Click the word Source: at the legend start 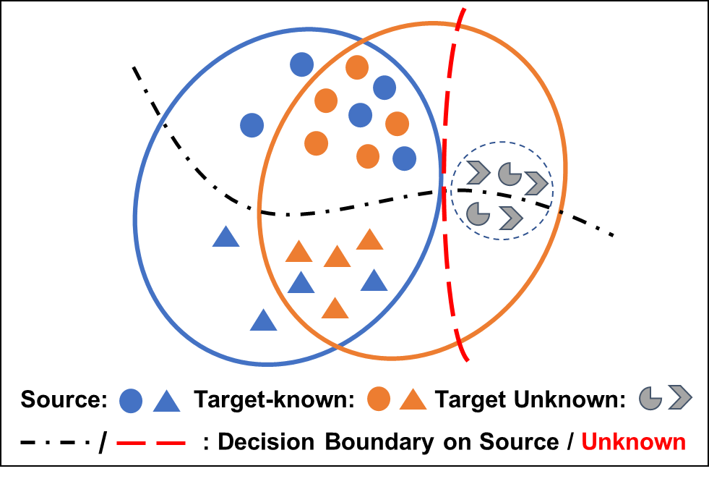pos(64,399)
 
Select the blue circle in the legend pos(131,400)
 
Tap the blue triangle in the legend pos(166,400)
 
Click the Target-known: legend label pos(274,399)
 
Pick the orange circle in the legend pos(379,399)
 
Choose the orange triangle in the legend pos(413,399)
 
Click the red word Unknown pos(633,442)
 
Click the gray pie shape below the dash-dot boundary pos(476,213)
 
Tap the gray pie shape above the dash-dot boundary pos(509,174)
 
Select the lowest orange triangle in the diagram pos(335,308)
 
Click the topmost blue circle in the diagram pos(301,64)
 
